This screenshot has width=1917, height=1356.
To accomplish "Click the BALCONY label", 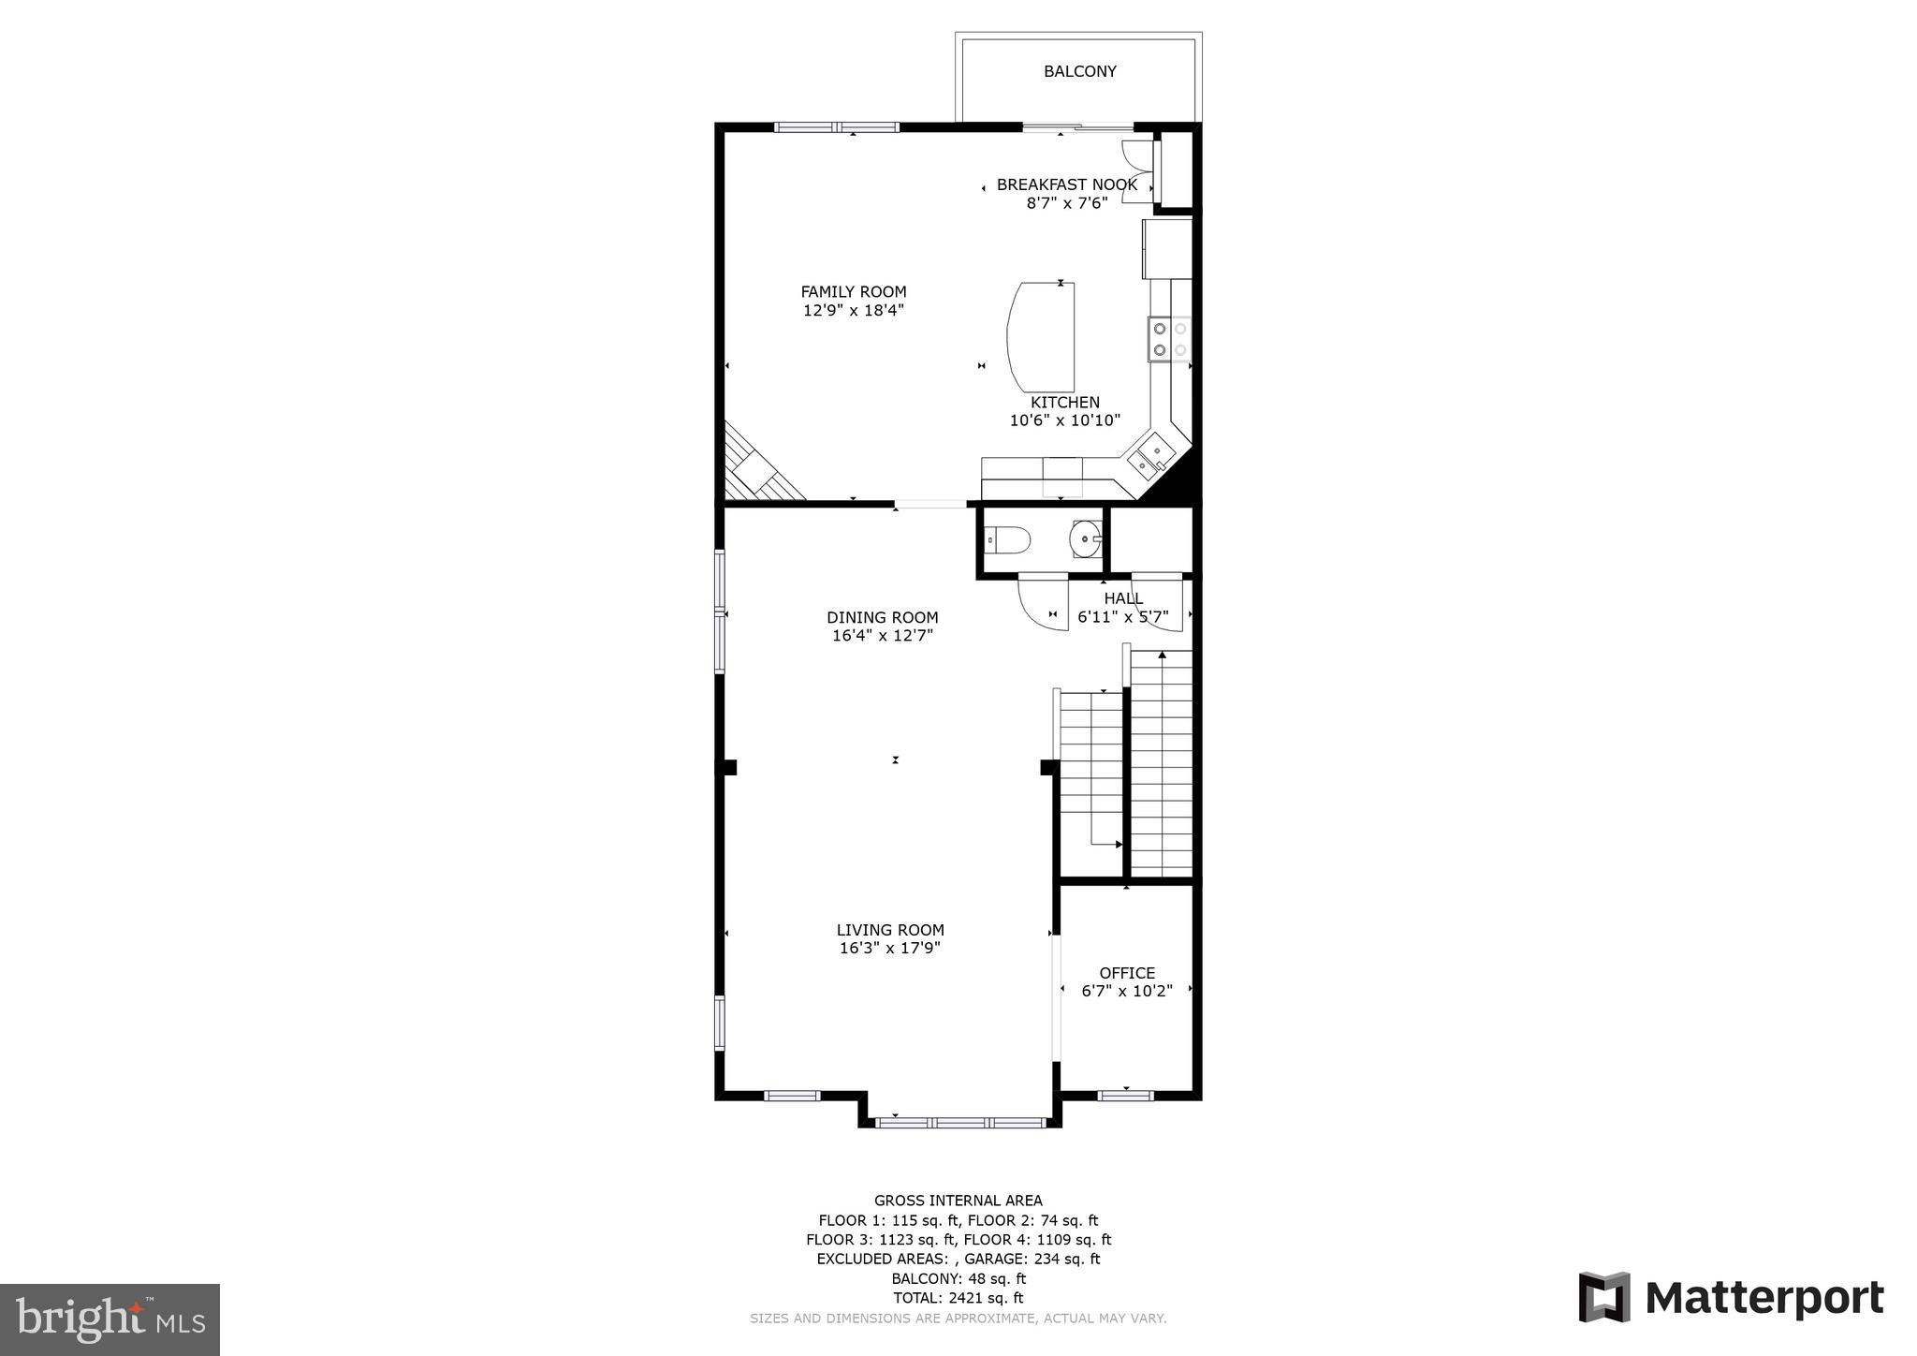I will (x=1079, y=71).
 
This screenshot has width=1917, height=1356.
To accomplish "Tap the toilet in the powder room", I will (x=1009, y=540).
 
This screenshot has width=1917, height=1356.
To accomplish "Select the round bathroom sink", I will (x=1086, y=539).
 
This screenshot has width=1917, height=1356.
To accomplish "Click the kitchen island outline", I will (x=1040, y=336).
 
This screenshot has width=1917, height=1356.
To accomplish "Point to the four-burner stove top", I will (x=1170, y=339).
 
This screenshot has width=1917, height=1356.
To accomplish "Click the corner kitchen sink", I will (x=1150, y=456).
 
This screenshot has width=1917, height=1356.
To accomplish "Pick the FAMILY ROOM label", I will (x=853, y=292).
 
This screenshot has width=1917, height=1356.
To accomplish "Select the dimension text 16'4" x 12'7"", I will (x=882, y=636).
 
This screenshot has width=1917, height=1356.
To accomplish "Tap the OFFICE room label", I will (x=1127, y=973).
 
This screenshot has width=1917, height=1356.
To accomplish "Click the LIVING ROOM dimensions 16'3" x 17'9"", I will (x=889, y=949).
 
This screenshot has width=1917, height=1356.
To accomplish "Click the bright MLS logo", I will (x=110, y=1320).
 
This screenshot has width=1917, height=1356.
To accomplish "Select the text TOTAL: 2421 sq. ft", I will (x=958, y=1298).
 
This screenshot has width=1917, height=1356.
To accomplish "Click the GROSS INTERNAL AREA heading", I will (x=958, y=1201).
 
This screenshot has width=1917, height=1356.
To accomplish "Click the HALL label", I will (x=1122, y=598).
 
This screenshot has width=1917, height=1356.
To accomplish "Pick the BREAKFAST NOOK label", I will (x=1066, y=184).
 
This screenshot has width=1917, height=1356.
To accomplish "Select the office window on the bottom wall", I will (x=1125, y=1095).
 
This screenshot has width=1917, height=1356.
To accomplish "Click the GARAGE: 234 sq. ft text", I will (x=1032, y=1259).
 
